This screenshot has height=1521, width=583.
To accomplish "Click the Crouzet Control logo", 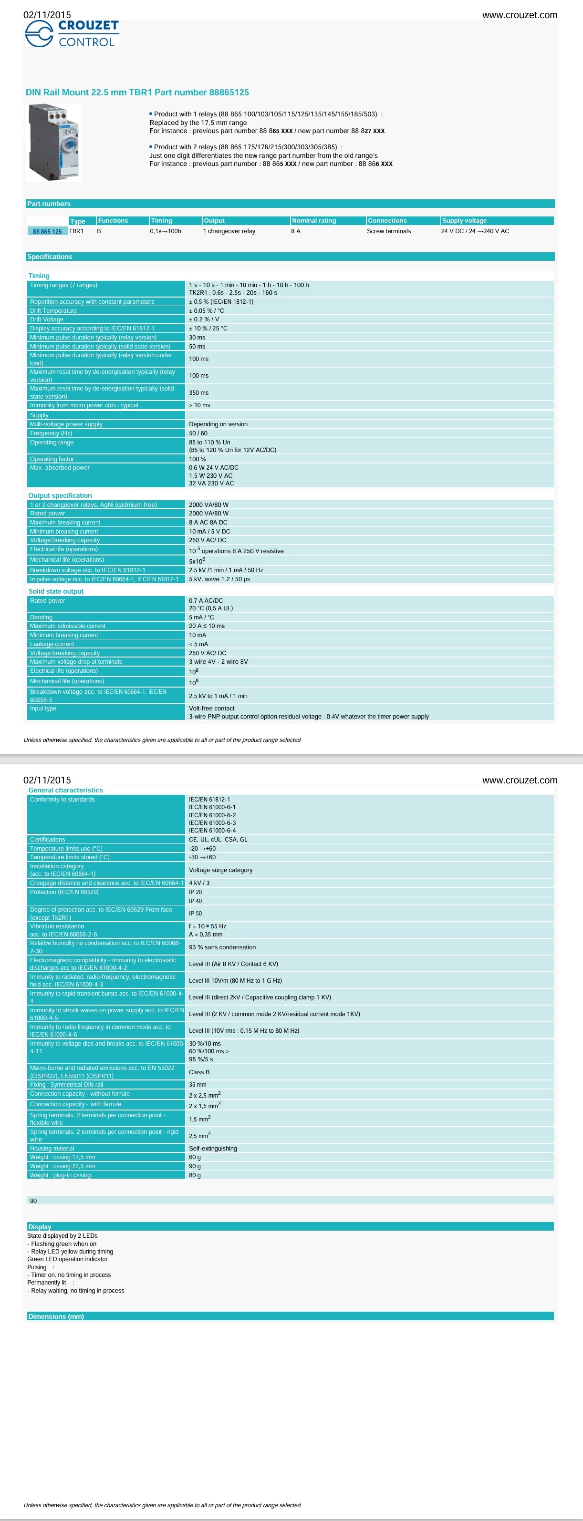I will (x=72, y=34).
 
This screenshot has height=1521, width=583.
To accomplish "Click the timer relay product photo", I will (x=54, y=142).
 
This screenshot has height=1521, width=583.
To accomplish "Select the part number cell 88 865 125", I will (x=47, y=231).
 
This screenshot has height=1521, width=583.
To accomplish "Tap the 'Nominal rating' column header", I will (x=313, y=221).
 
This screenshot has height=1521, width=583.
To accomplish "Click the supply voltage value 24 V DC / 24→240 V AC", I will (x=474, y=231).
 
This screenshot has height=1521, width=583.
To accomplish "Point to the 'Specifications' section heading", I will (x=50, y=257).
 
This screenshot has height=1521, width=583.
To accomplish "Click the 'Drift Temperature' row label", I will (x=53, y=310).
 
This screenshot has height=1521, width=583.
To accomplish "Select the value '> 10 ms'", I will (x=199, y=405).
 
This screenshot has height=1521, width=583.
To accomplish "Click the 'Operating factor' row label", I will (x=52, y=459).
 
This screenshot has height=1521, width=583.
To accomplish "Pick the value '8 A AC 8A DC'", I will (x=208, y=523).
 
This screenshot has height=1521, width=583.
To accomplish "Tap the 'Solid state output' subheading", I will (x=56, y=591).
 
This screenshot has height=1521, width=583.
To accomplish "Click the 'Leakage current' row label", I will (x=52, y=644).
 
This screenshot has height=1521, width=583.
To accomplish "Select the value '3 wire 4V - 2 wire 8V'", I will (x=218, y=662).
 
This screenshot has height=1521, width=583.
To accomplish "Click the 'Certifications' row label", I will (x=48, y=840).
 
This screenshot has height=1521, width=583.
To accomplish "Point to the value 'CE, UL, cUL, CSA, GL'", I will (x=218, y=840).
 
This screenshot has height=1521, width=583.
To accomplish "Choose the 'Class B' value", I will (x=199, y=1072).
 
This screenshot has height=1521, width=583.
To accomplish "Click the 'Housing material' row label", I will (x=52, y=1149).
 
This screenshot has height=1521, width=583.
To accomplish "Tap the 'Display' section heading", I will (x=40, y=1227).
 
